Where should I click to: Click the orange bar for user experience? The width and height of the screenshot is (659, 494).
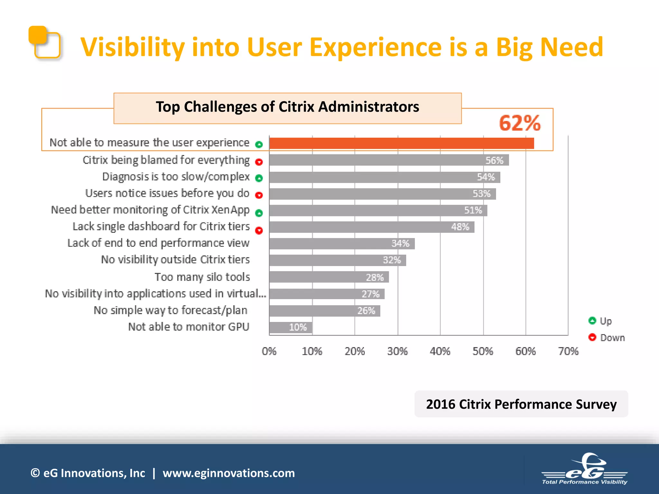(x=401, y=143)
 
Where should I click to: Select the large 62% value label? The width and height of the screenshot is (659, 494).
(x=519, y=123)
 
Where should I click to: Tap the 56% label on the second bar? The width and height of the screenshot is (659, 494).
(x=494, y=160)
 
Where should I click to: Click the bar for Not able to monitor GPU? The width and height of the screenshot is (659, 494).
(x=291, y=327)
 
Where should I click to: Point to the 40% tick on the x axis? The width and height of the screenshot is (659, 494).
(x=440, y=351)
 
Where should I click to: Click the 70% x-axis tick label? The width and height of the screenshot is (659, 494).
(x=568, y=351)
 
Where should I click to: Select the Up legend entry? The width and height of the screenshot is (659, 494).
(x=600, y=321)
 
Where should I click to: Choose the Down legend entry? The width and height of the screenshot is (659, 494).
(x=607, y=338)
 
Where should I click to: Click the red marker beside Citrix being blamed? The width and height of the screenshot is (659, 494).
(x=259, y=162)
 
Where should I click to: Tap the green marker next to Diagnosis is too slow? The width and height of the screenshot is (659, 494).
(x=259, y=178)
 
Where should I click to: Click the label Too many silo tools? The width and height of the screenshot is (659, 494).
(x=202, y=277)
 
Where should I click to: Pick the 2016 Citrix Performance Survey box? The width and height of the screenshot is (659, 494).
(x=521, y=404)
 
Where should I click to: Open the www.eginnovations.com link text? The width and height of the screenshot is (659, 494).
(x=228, y=473)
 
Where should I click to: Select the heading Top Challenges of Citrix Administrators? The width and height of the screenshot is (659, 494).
(x=287, y=107)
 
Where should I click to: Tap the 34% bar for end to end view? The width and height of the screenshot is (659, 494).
(x=342, y=243)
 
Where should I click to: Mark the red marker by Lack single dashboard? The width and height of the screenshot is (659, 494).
(x=259, y=230)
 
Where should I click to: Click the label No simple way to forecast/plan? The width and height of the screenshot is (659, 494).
(x=171, y=310)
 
